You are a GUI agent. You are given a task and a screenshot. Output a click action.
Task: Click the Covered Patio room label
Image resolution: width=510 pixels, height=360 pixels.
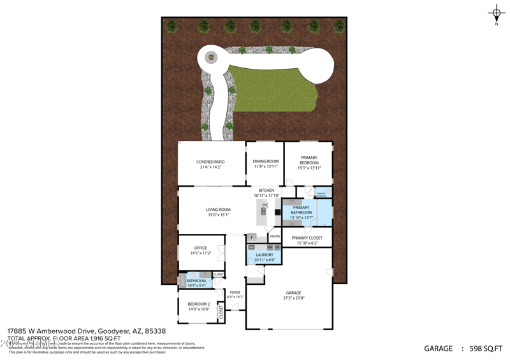(x=210, y=162)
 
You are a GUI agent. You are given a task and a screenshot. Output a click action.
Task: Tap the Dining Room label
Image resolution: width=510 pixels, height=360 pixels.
(x=266, y=161)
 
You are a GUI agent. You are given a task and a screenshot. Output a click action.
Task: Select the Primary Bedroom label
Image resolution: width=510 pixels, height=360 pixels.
(x=309, y=160)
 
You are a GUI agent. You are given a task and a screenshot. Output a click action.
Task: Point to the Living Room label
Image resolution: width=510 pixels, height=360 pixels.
(x=218, y=210)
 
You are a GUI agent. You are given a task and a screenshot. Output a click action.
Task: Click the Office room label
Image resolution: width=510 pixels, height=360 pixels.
(x=201, y=248)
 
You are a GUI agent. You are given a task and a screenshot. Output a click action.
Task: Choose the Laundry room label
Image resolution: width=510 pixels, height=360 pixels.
(x=264, y=255)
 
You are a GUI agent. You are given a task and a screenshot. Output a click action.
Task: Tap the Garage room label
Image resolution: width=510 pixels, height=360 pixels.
(x=293, y=293)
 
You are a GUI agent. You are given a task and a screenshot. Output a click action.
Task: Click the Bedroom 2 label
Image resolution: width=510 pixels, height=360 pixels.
(x=199, y=304)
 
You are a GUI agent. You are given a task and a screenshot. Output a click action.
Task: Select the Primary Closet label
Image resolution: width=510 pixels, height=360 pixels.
(x=307, y=238)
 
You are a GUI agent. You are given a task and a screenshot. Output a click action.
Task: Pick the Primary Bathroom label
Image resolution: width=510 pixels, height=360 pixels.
(x=301, y=210)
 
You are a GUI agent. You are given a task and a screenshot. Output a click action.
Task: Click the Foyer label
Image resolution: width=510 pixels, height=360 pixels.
(x=235, y=292)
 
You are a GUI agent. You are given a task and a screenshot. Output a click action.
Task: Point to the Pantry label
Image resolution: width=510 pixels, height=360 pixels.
(x=274, y=236)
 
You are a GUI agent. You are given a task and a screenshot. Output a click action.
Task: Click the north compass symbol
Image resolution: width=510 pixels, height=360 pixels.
(x=496, y=13)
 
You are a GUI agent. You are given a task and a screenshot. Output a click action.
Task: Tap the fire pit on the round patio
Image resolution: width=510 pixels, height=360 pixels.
(x=210, y=58)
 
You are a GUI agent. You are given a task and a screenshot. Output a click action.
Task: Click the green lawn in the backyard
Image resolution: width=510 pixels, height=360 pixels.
(x=274, y=89)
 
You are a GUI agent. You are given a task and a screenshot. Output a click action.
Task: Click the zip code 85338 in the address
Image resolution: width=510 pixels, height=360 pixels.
(x=155, y=331)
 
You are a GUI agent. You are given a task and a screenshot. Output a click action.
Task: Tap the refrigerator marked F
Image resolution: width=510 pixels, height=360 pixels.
(x=252, y=238)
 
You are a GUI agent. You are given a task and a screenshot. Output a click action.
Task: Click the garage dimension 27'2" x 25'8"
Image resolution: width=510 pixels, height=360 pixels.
(x=293, y=298)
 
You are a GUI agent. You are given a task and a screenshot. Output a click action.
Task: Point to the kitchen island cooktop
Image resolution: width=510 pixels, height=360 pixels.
(x=264, y=210)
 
